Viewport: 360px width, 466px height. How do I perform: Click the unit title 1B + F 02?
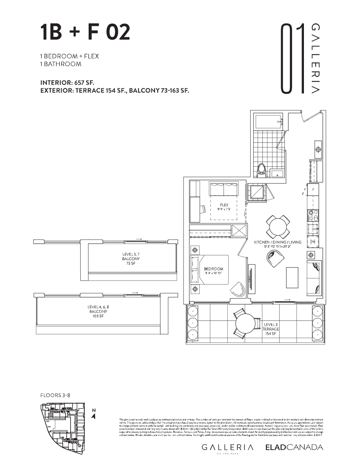[x=85, y=33]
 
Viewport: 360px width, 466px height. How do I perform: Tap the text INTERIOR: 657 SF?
[x=67, y=83]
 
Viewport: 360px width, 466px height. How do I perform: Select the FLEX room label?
[x=224, y=207]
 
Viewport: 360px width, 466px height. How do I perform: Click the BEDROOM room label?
[x=213, y=271]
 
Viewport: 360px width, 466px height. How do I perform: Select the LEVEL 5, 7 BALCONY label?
[x=131, y=259]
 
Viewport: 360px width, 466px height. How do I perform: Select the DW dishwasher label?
[x=313, y=242]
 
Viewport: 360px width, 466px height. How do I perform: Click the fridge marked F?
[x=313, y=190]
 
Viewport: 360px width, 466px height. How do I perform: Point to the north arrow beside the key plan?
[x=93, y=413]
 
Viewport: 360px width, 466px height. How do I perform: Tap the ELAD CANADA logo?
[x=294, y=447]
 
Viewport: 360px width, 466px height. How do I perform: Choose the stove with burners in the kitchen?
[x=313, y=215]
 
